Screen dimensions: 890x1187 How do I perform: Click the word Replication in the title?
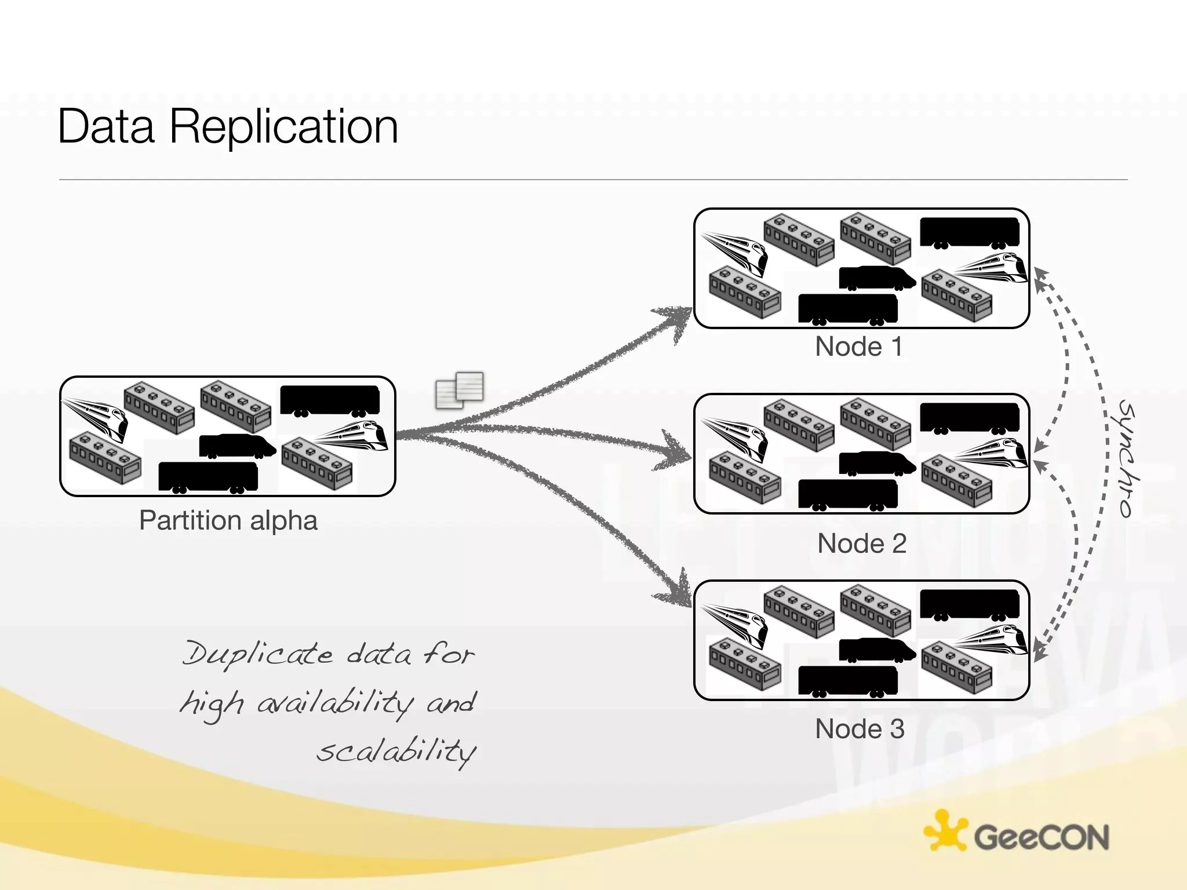283,126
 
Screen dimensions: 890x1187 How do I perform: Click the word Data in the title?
106,126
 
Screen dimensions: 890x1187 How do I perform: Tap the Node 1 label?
858,346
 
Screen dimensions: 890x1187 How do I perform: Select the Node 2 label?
861,544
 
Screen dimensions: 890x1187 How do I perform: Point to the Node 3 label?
859,729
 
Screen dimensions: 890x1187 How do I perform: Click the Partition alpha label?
228,520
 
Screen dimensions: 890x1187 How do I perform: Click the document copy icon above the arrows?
460,389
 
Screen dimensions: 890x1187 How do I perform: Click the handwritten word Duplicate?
258,654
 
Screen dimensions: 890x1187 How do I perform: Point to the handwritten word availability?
335,703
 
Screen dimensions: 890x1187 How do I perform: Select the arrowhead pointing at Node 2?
676,454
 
